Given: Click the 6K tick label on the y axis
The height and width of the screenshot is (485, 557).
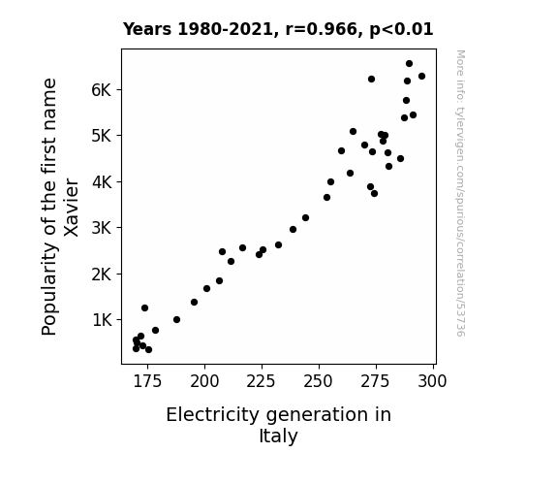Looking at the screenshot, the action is [101, 90].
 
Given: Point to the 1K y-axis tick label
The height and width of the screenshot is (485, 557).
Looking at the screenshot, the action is [102, 320].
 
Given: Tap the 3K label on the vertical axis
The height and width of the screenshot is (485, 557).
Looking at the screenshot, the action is [101, 228].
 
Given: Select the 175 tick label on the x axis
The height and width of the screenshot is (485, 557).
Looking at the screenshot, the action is [147, 381].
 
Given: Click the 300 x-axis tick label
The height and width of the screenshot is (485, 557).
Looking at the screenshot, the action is [432, 381].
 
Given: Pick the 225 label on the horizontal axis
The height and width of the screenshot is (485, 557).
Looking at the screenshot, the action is [262, 381].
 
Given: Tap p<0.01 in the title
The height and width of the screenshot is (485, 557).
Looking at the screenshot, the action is [401, 30].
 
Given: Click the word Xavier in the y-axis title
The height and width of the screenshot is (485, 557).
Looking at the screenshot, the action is [71, 208].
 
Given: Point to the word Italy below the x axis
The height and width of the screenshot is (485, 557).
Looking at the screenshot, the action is [279, 436].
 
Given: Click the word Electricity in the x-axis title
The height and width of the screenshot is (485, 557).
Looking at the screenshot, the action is [213, 415].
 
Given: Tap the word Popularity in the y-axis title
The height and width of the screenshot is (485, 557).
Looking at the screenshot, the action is [49, 288].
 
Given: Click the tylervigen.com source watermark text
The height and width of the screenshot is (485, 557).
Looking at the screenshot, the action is [460, 193].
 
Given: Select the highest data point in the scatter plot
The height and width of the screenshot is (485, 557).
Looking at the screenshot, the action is [409, 64].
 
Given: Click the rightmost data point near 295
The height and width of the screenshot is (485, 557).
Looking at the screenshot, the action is [422, 77].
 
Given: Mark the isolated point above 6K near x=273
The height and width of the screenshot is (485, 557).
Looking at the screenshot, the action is [372, 79].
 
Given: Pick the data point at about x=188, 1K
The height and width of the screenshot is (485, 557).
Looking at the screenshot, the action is [177, 319].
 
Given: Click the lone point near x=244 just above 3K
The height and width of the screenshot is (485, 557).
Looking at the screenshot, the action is [305, 218].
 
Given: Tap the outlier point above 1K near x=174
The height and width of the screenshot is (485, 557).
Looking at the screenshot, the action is [145, 307].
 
